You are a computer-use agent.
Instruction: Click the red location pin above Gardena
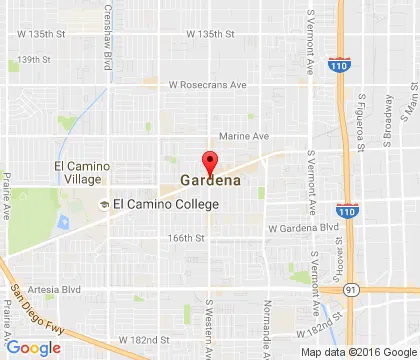click(210, 161)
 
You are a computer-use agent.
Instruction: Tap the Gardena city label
click(209, 181)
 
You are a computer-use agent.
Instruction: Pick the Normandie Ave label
click(267, 318)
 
